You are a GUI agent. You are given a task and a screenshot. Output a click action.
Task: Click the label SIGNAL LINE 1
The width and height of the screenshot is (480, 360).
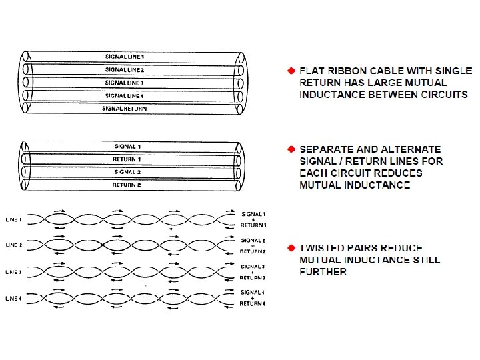(x=125, y=57)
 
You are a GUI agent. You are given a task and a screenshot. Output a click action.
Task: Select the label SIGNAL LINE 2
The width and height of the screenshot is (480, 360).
(x=125, y=69)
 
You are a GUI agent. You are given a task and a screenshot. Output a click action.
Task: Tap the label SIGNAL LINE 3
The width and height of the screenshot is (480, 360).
(x=125, y=83)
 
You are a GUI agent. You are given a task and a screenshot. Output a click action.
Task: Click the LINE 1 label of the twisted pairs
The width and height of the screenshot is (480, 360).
(x=15, y=219)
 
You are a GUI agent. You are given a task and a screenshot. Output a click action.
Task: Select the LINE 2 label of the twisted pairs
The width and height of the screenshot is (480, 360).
(x=15, y=245)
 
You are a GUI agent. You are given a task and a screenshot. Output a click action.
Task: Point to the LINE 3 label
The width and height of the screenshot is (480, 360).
(x=15, y=272)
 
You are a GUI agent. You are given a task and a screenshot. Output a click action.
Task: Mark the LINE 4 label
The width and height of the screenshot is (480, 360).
(x=15, y=298)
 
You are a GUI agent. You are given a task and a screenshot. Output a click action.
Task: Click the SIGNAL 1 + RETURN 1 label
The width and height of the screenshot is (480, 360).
(x=253, y=219)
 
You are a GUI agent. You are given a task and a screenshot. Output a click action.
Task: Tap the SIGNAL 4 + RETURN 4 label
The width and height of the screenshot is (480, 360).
(x=253, y=298)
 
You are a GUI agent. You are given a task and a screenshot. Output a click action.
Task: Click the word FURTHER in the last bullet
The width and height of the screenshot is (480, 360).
(x=323, y=272)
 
